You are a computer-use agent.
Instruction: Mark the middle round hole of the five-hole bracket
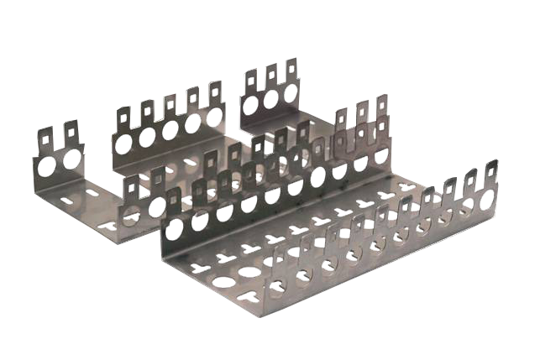170,130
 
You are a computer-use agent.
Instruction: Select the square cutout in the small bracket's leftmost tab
46,133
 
